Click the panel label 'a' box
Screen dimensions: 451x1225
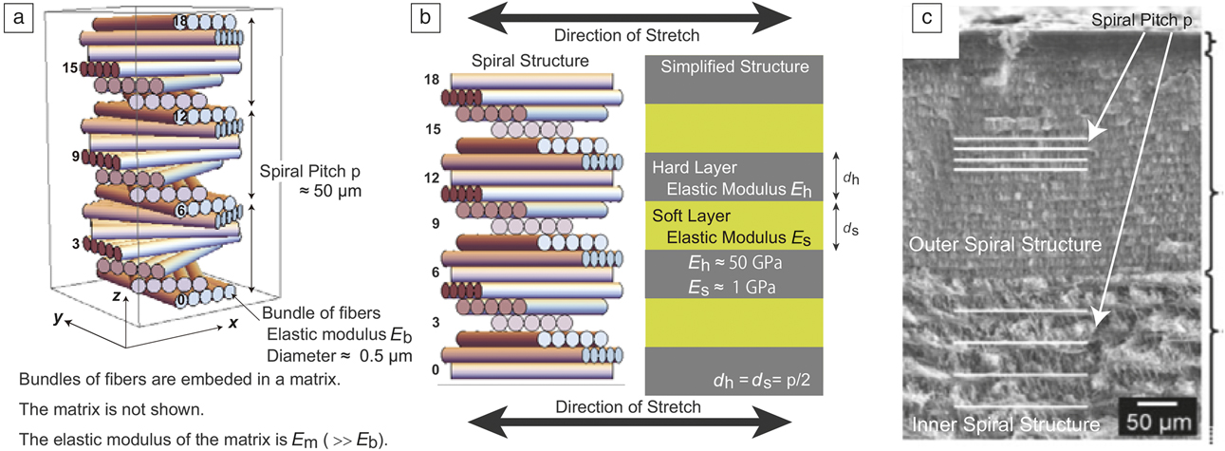click(x=16, y=16)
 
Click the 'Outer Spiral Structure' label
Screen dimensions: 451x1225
click(x=1006, y=245)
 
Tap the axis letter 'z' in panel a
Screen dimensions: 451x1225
click(x=114, y=296)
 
